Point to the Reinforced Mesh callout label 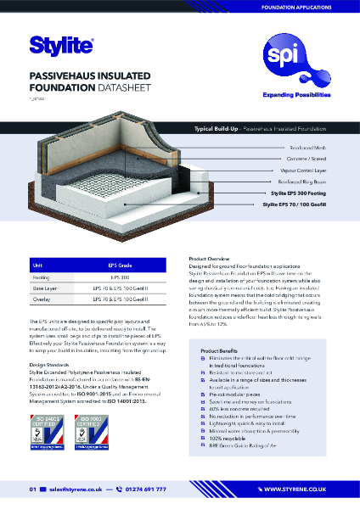pyautogui.click(x=312, y=148)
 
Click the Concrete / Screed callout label pyautogui.click(x=312, y=159)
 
